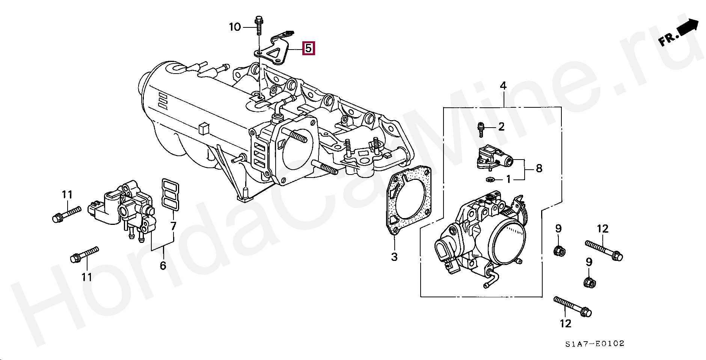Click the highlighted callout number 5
[x=308, y=48]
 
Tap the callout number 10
[x=235, y=27]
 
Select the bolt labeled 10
[x=259, y=25]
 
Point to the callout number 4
[x=503, y=86]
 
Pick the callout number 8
[x=539, y=169]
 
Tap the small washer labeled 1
[x=489, y=179]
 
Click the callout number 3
[x=394, y=257]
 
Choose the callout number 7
[x=173, y=226]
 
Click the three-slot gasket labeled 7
[x=170, y=194]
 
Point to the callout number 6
[x=163, y=266]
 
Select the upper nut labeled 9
[x=559, y=250]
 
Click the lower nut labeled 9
[x=589, y=282]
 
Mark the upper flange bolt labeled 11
[x=66, y=214]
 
